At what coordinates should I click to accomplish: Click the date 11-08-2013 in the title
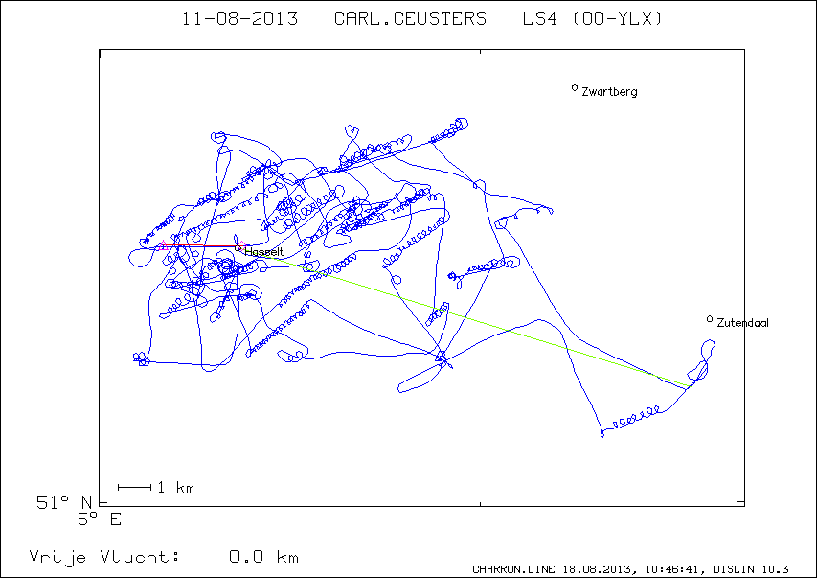point(239,19)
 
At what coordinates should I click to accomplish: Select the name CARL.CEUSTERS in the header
point(410,19)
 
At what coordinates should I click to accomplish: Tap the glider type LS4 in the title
point(540,19)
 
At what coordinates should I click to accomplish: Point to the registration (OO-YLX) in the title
point(618,19)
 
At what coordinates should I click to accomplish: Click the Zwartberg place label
point(609,92)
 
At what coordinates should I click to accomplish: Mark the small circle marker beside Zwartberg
point(574,87)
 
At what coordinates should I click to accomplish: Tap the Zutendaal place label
point(742,323)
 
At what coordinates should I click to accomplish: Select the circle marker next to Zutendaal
point(709,319)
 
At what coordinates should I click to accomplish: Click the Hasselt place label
point(263,252)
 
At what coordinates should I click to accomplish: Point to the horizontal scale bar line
point(134,487)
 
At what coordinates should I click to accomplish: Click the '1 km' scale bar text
point(175,488)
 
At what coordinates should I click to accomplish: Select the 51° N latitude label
point(63,502)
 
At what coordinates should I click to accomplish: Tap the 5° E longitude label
point(99,520)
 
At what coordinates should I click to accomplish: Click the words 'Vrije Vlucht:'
point(104,557)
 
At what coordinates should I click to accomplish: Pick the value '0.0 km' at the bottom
point(263,557)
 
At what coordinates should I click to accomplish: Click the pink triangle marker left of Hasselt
point(163,245)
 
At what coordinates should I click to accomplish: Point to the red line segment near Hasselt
point(202,245)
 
